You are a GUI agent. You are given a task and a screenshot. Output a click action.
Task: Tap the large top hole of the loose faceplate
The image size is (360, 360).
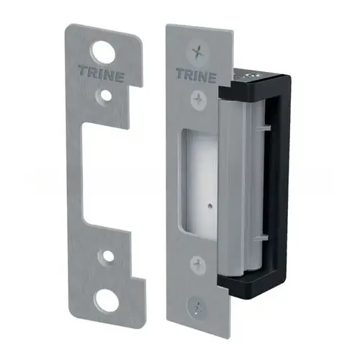105,52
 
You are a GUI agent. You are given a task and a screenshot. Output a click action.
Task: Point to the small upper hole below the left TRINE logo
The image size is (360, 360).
106,94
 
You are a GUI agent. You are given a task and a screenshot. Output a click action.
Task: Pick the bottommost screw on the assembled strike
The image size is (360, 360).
200,307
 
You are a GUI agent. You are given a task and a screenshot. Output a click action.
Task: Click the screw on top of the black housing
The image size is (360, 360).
251,73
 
